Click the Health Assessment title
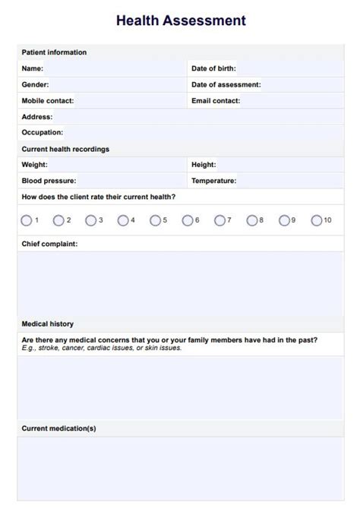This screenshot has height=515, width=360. pos(181,21)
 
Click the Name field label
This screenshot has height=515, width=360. pos(33,68)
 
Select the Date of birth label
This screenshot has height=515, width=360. pos(213,68)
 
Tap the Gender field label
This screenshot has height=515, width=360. pos(35,84)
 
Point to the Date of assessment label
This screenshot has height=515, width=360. pos(226,84)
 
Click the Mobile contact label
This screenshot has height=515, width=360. pos(47,100)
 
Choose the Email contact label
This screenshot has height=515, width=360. pos(216,100)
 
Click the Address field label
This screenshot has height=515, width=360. pos(36,117)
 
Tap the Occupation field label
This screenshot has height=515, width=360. pos(42,132)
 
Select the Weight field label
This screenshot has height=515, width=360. pos(34,164)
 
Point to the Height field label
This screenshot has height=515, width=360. pos(204,164)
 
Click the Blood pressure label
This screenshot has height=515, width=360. pos(49,181)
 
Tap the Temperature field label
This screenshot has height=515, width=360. pos(213,181)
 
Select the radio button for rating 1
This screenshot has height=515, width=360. pos(27,220)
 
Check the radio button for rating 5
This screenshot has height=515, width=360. pos(155,220)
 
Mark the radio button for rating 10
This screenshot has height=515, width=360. pos(316,220)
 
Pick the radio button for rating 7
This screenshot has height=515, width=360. pos(219,220)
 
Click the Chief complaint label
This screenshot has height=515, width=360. pos(49,244)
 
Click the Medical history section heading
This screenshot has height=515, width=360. pos(47,324)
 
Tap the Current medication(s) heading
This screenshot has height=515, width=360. pos(58,428)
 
